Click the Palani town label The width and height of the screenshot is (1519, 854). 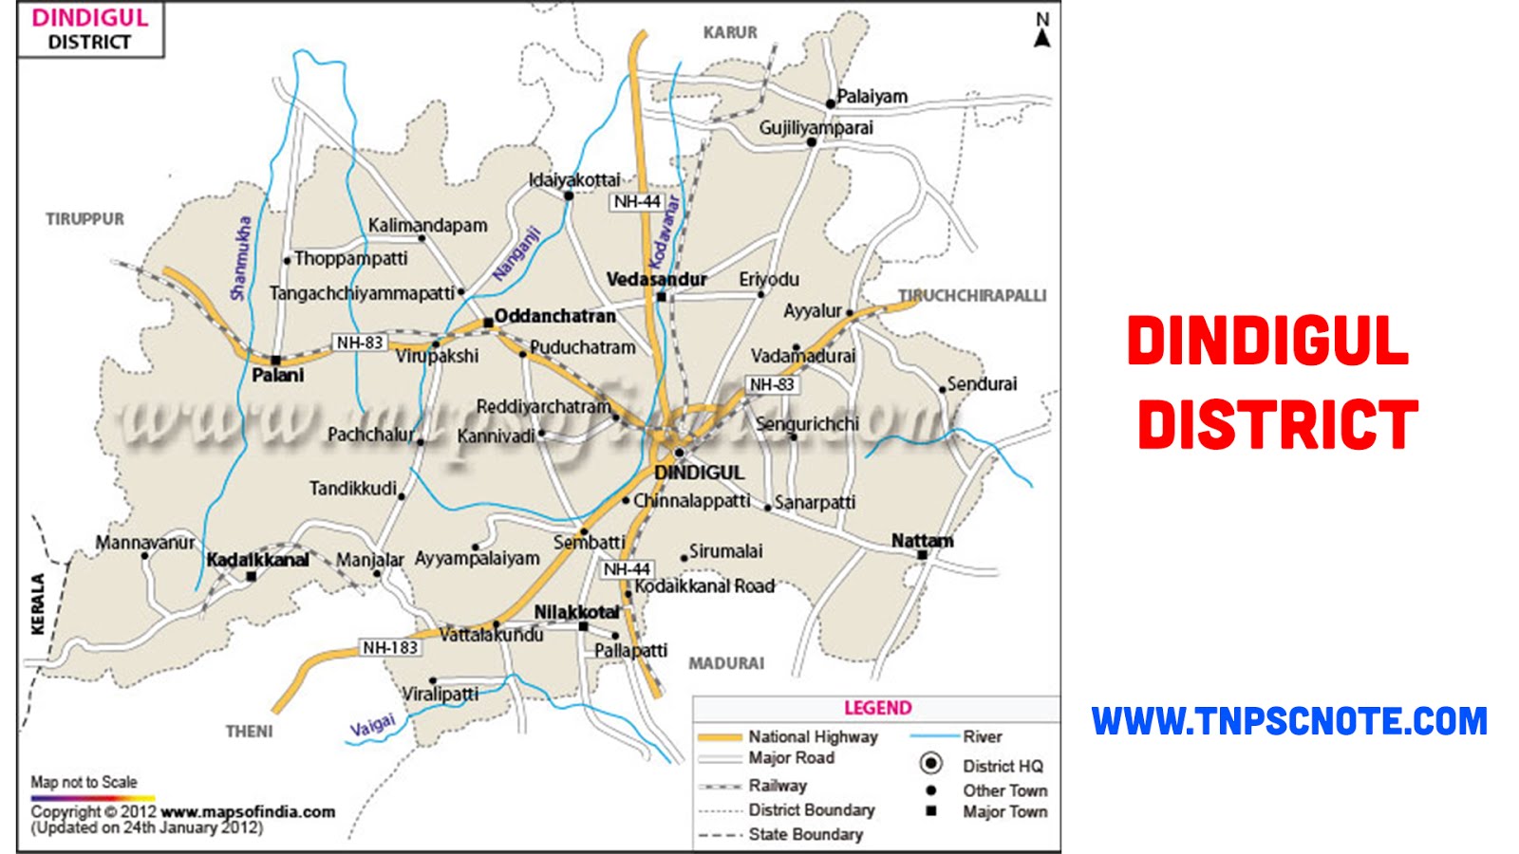coord(277,376)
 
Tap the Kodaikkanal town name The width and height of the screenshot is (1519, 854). coord(257,560)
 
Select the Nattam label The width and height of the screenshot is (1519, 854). coord(922,540)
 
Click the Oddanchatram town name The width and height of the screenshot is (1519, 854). coord(554,316)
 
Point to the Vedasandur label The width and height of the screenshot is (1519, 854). coord(656,279)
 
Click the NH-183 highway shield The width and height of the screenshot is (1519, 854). coord(389,647)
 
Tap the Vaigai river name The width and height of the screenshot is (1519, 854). coord(372,727)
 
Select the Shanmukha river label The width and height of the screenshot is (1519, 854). coord(241,259)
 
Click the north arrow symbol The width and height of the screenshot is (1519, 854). coord(1042,31)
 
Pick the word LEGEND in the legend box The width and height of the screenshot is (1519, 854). coord(877,708)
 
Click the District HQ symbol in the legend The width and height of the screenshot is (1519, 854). coord(931,764)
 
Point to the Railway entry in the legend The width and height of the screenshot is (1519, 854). coord(777,786)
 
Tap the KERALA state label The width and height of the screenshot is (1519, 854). coord(38,603)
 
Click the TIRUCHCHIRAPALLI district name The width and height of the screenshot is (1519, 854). coord(972,295)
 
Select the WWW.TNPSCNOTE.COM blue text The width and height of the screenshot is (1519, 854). coord(1288,721)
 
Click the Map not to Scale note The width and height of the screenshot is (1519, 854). coord(84,782)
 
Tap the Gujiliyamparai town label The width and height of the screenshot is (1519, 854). coord(816,127)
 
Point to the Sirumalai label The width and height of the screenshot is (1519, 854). coord(725,551)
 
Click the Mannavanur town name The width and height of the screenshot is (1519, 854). coord(144,543)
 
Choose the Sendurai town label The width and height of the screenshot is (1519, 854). coord(982,383)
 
